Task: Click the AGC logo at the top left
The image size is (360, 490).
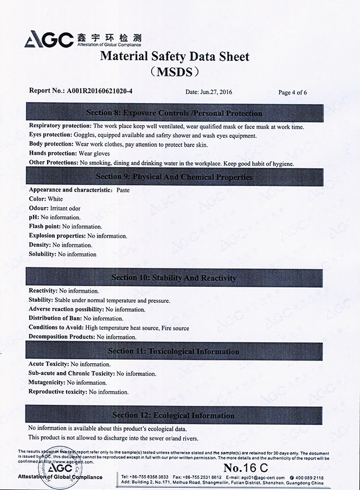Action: coord(49,39)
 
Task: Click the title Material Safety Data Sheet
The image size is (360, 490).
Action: coord(174,56)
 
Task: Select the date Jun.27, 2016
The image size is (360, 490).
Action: coord(209,92)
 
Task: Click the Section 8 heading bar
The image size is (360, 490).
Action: coord(174,113)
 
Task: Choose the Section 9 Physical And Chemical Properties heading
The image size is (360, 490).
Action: coord(174,177)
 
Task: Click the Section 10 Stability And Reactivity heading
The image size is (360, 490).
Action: coord(174,277)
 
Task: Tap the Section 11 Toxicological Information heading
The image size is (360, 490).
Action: coord(174,351)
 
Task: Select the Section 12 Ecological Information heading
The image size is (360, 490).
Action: coord(174,415)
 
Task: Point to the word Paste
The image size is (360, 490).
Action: coord(124,190)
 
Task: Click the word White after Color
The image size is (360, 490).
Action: coord(55,199)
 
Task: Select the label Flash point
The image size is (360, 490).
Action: coord(44,226)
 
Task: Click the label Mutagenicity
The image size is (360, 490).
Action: coord(47,383)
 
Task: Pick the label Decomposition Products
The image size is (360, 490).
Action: coord(61,337)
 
